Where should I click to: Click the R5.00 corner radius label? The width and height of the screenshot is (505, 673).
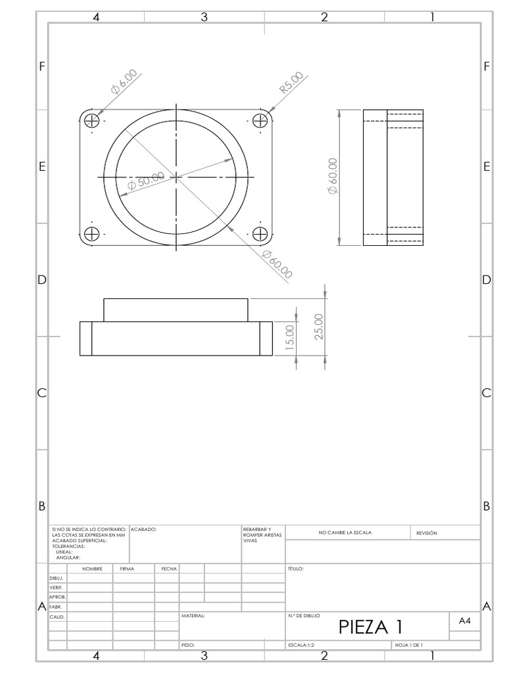pos(291,83)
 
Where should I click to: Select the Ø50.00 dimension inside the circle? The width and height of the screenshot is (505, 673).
pos(146,181)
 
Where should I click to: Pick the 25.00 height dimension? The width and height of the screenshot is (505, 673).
pos(319,326)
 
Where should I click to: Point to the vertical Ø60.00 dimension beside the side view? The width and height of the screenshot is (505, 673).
pos(332,176)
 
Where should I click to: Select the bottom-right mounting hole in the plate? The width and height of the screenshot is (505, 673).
pos(260,233)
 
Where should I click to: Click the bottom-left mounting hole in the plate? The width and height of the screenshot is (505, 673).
pos(91,233)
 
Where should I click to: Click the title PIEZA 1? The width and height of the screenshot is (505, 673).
pos(370,626)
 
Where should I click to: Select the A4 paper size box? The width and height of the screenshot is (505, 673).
pos(464,620)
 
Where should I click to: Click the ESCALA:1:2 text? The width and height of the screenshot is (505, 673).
pos(302,645)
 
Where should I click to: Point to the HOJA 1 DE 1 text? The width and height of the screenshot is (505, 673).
pos(408,645)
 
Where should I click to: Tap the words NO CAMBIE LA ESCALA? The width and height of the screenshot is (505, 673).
pos(345,533)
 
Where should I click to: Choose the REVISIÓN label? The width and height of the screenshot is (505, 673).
pos(426,533)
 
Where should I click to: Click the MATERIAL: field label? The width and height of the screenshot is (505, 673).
pos(193,616)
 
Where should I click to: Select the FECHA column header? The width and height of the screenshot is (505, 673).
pos(166,569)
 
